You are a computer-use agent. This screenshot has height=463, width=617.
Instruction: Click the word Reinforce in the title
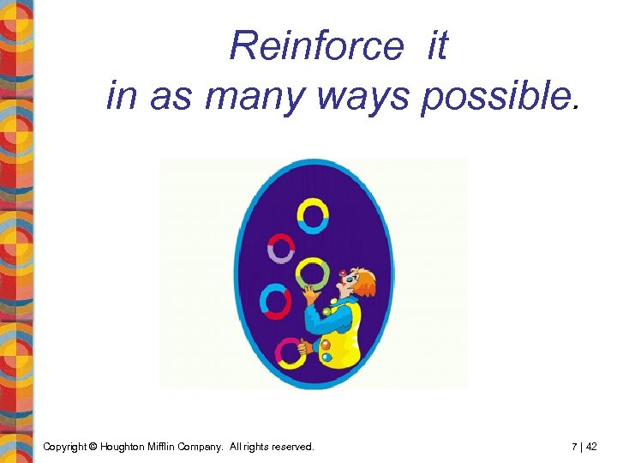[315, 45]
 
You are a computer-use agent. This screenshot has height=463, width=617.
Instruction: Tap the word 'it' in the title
[436, 45]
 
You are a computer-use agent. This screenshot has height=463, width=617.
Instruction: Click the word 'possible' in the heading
[493, 95]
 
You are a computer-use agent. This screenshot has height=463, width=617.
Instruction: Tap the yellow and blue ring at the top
[313, 216]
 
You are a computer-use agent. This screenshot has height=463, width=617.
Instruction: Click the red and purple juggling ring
[281, 249]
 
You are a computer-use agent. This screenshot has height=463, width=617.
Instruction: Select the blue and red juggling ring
[276, 301]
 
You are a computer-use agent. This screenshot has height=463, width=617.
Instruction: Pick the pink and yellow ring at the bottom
[290, 352]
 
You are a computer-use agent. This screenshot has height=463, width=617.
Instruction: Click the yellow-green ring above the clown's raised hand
[311, 274]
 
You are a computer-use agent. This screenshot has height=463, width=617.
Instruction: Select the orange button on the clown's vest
[325, 345]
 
